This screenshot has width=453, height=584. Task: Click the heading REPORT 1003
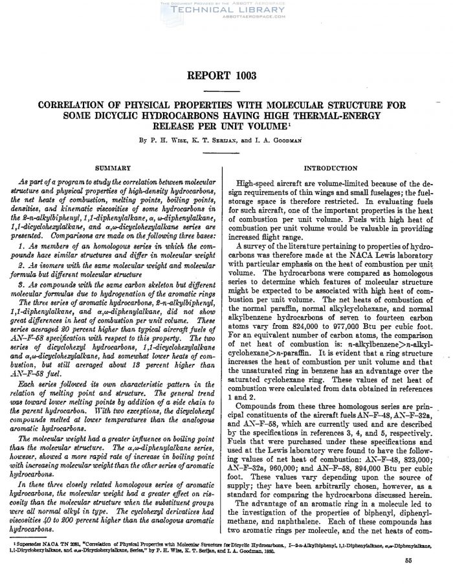click(x=225, y=76)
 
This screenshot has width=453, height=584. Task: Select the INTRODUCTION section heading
click(x=335, y=168)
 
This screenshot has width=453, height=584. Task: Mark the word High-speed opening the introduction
click(x=260, y=185)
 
